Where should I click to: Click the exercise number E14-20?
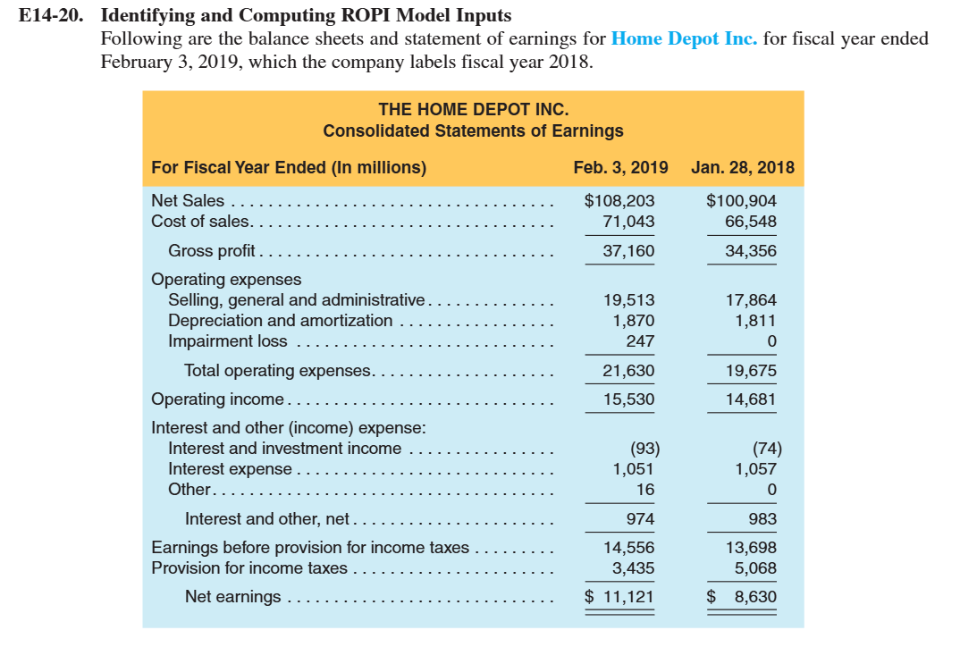click(x=56, y=15)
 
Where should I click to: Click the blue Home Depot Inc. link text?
click(x=684, y=39)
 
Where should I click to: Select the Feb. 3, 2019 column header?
click(x=620, y=167)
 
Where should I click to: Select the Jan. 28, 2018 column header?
click(x=742, y=167)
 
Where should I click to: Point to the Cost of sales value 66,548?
click(x=751, y=221)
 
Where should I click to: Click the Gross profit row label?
click(x=212, y=251)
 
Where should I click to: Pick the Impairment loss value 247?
click(x=641, y=340)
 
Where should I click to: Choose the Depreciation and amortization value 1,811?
click(x=755, y=320)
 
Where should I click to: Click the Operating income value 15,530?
click(x=628, y=399)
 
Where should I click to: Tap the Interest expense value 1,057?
click(x=755, y=468)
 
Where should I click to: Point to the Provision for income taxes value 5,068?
click(x=755, y=567)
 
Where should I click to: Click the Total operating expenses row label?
click(x=277, y=371)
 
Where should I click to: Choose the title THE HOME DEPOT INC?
click(x=473, y=110)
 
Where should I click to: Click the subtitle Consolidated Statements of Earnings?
click(x=473, y=130)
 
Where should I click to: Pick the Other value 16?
click(x=644, y=489)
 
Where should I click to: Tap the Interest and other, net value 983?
click(x=762, y=519)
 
